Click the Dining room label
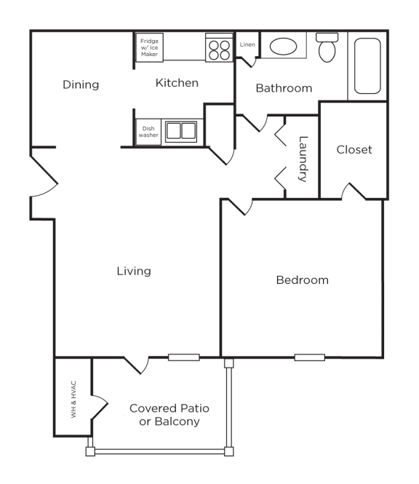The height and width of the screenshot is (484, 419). point(80,84)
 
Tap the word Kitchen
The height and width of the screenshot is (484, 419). point(177,83)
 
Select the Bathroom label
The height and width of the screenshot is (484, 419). point(284,88)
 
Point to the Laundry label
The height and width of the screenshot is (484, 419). point(303,158)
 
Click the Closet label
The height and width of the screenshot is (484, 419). point(354,149)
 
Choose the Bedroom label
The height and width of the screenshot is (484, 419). point(302,279)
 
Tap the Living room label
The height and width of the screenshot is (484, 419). point(134,271)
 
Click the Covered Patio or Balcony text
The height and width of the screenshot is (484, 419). point(164,414)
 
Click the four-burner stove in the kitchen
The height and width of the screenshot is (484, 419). point(218,49)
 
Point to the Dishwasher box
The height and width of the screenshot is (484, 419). point(148,132)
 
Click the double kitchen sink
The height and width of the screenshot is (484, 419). point(181,132)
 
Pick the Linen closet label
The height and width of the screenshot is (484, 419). point(247,45)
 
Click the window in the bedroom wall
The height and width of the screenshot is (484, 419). point(310,357)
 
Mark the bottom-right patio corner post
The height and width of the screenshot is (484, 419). point(231,451)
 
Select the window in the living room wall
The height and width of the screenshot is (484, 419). point(183,357)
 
